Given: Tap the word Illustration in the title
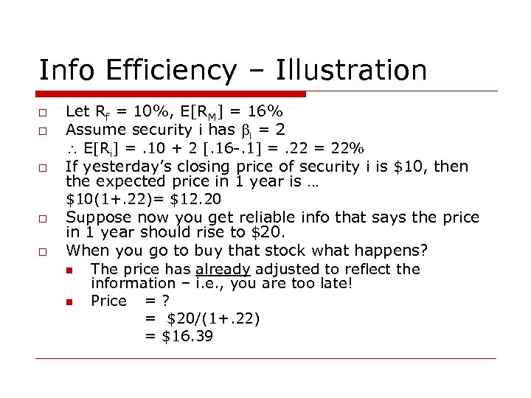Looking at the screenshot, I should click(x=351, y=71).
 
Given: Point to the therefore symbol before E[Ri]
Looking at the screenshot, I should click(x=72, y=148).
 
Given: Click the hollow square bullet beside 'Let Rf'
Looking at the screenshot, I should click(x=44, y=113).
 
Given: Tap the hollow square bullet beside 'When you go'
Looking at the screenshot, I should click(x=44, y=251).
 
